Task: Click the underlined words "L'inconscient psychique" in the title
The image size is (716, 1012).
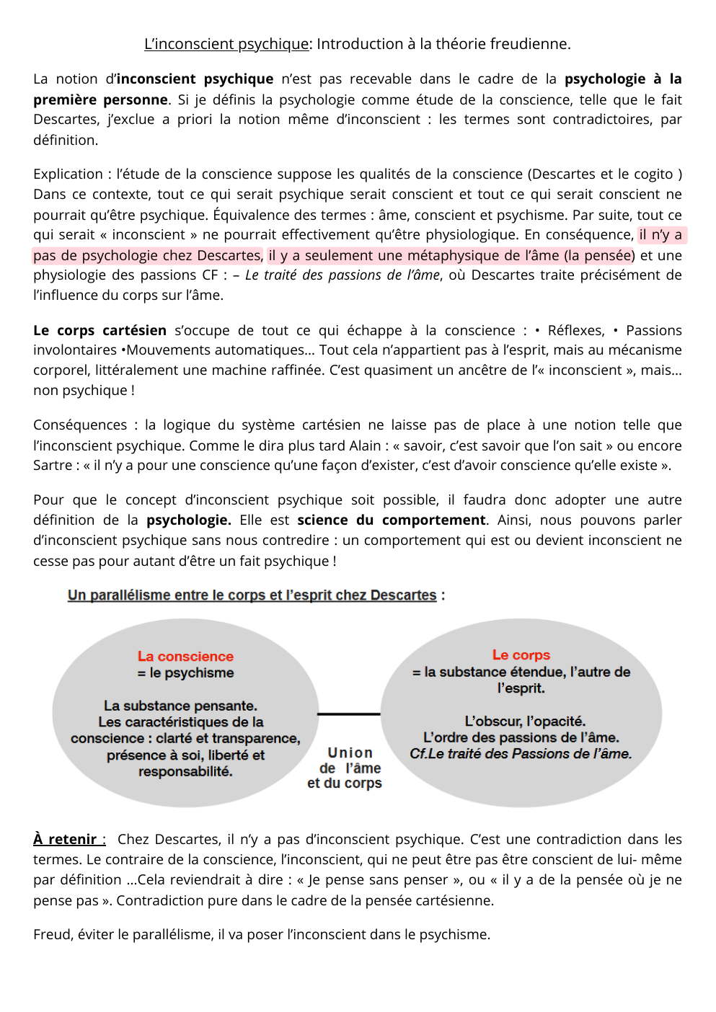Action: tap(226, 44)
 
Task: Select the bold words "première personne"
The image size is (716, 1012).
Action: tap(100, 99)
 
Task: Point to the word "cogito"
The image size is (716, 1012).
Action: tap(650, 174)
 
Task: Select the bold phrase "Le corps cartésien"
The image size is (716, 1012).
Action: tap(100, 330)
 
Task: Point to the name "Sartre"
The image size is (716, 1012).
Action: tap(53, 465)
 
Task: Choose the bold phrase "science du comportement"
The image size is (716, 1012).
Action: tap(392, 520)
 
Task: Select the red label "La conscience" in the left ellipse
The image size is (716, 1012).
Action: tap(185, 656)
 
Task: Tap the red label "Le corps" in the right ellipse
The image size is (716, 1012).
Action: tap(521, 654)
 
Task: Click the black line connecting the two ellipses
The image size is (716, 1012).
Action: tap(348, 714)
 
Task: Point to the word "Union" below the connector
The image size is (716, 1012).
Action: tap(350, 753)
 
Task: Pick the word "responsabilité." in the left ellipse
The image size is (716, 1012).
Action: tap(185, 771)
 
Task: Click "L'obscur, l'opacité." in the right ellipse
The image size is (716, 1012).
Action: tap(525, 721)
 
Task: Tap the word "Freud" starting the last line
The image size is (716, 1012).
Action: tap(52, 934)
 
